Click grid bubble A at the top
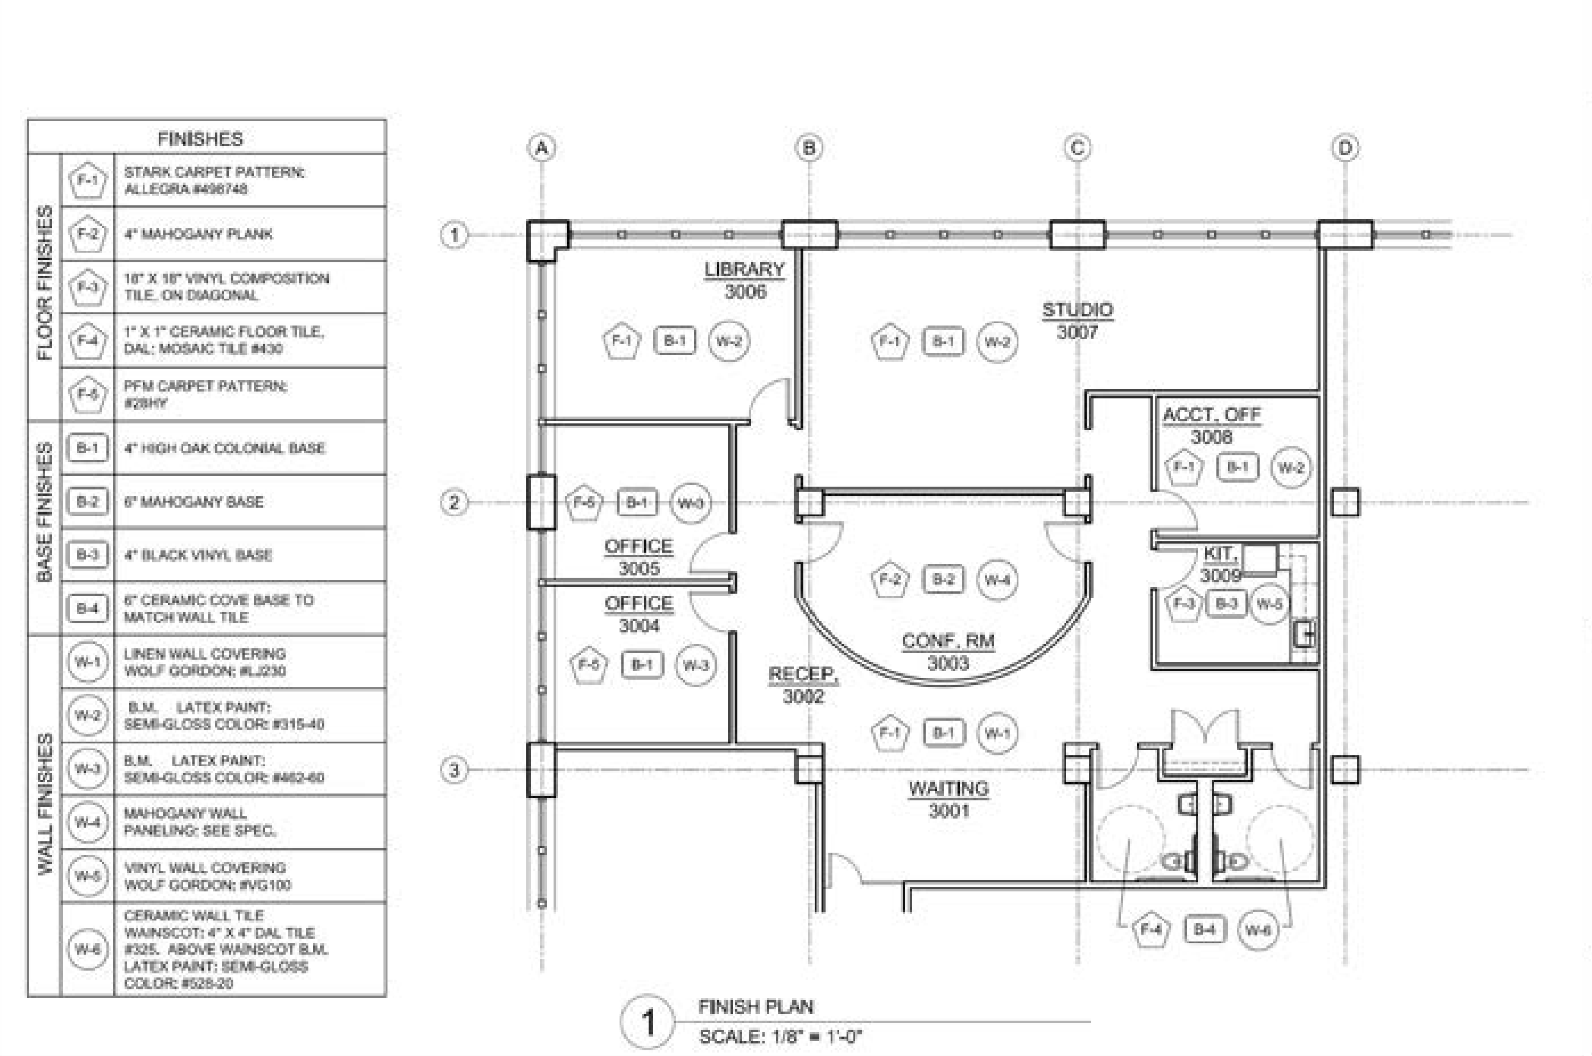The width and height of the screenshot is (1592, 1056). (542, 148)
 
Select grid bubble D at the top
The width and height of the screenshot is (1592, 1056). (1345, 148)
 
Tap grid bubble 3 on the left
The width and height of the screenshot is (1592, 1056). (454, 770)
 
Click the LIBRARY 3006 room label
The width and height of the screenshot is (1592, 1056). (745, 280)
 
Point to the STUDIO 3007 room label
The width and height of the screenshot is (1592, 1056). (1077, 321)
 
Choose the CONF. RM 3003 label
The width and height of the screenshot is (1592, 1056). (948, 652)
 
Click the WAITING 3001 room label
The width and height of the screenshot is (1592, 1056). (948, 800)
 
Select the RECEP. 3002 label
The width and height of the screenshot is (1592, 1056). (803, 685)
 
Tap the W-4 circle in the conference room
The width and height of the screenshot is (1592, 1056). (997, 580)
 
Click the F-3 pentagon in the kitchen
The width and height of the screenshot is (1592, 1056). (1183, 603)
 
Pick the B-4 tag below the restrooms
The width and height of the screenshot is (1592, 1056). (1204, 929)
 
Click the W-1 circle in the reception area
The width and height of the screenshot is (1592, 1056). (997, 733)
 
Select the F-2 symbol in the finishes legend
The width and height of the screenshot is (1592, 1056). (88, 234)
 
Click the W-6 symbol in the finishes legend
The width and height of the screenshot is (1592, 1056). (88, 949)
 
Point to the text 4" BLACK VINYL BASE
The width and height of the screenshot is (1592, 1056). (198, 555)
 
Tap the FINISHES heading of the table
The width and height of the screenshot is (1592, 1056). (200, 139)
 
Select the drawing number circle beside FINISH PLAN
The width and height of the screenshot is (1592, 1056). (647, 1022)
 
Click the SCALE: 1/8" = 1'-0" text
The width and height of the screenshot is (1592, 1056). (780, 1037)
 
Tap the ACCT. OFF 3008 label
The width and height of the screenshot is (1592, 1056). (1211, 426)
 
